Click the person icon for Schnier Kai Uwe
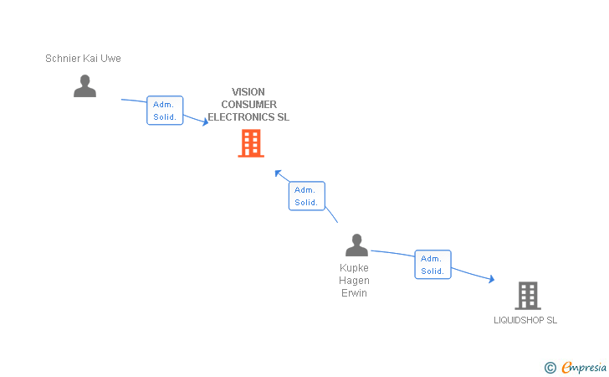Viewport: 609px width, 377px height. point(84,85)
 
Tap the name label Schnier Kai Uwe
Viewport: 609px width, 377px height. point(83,59)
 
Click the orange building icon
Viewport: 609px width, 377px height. point(251,143)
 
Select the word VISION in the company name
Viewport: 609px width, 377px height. point(248,92)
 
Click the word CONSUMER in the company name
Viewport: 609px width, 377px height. point(248,105)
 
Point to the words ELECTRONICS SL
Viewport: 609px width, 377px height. point(248,117)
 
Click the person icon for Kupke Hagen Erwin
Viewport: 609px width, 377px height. point(356,245)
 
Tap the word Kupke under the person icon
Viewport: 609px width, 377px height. point(354,268)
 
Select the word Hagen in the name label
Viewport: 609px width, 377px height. point(354,281)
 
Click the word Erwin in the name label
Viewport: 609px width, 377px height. point(354,293)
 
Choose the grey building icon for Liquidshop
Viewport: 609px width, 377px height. point(527,296)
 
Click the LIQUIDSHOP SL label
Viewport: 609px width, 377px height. point(525,320)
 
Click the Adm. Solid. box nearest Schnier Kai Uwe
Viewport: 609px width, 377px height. point(165,111)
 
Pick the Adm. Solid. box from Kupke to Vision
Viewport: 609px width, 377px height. point(306,196)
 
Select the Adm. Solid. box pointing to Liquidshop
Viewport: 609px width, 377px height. point(432,265)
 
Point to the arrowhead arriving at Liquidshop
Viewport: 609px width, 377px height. point(491,280)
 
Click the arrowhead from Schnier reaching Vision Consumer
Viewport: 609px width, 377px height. point(205,122)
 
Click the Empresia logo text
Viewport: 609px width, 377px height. point(584,367)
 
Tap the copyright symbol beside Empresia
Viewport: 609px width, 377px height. point(550,367)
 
